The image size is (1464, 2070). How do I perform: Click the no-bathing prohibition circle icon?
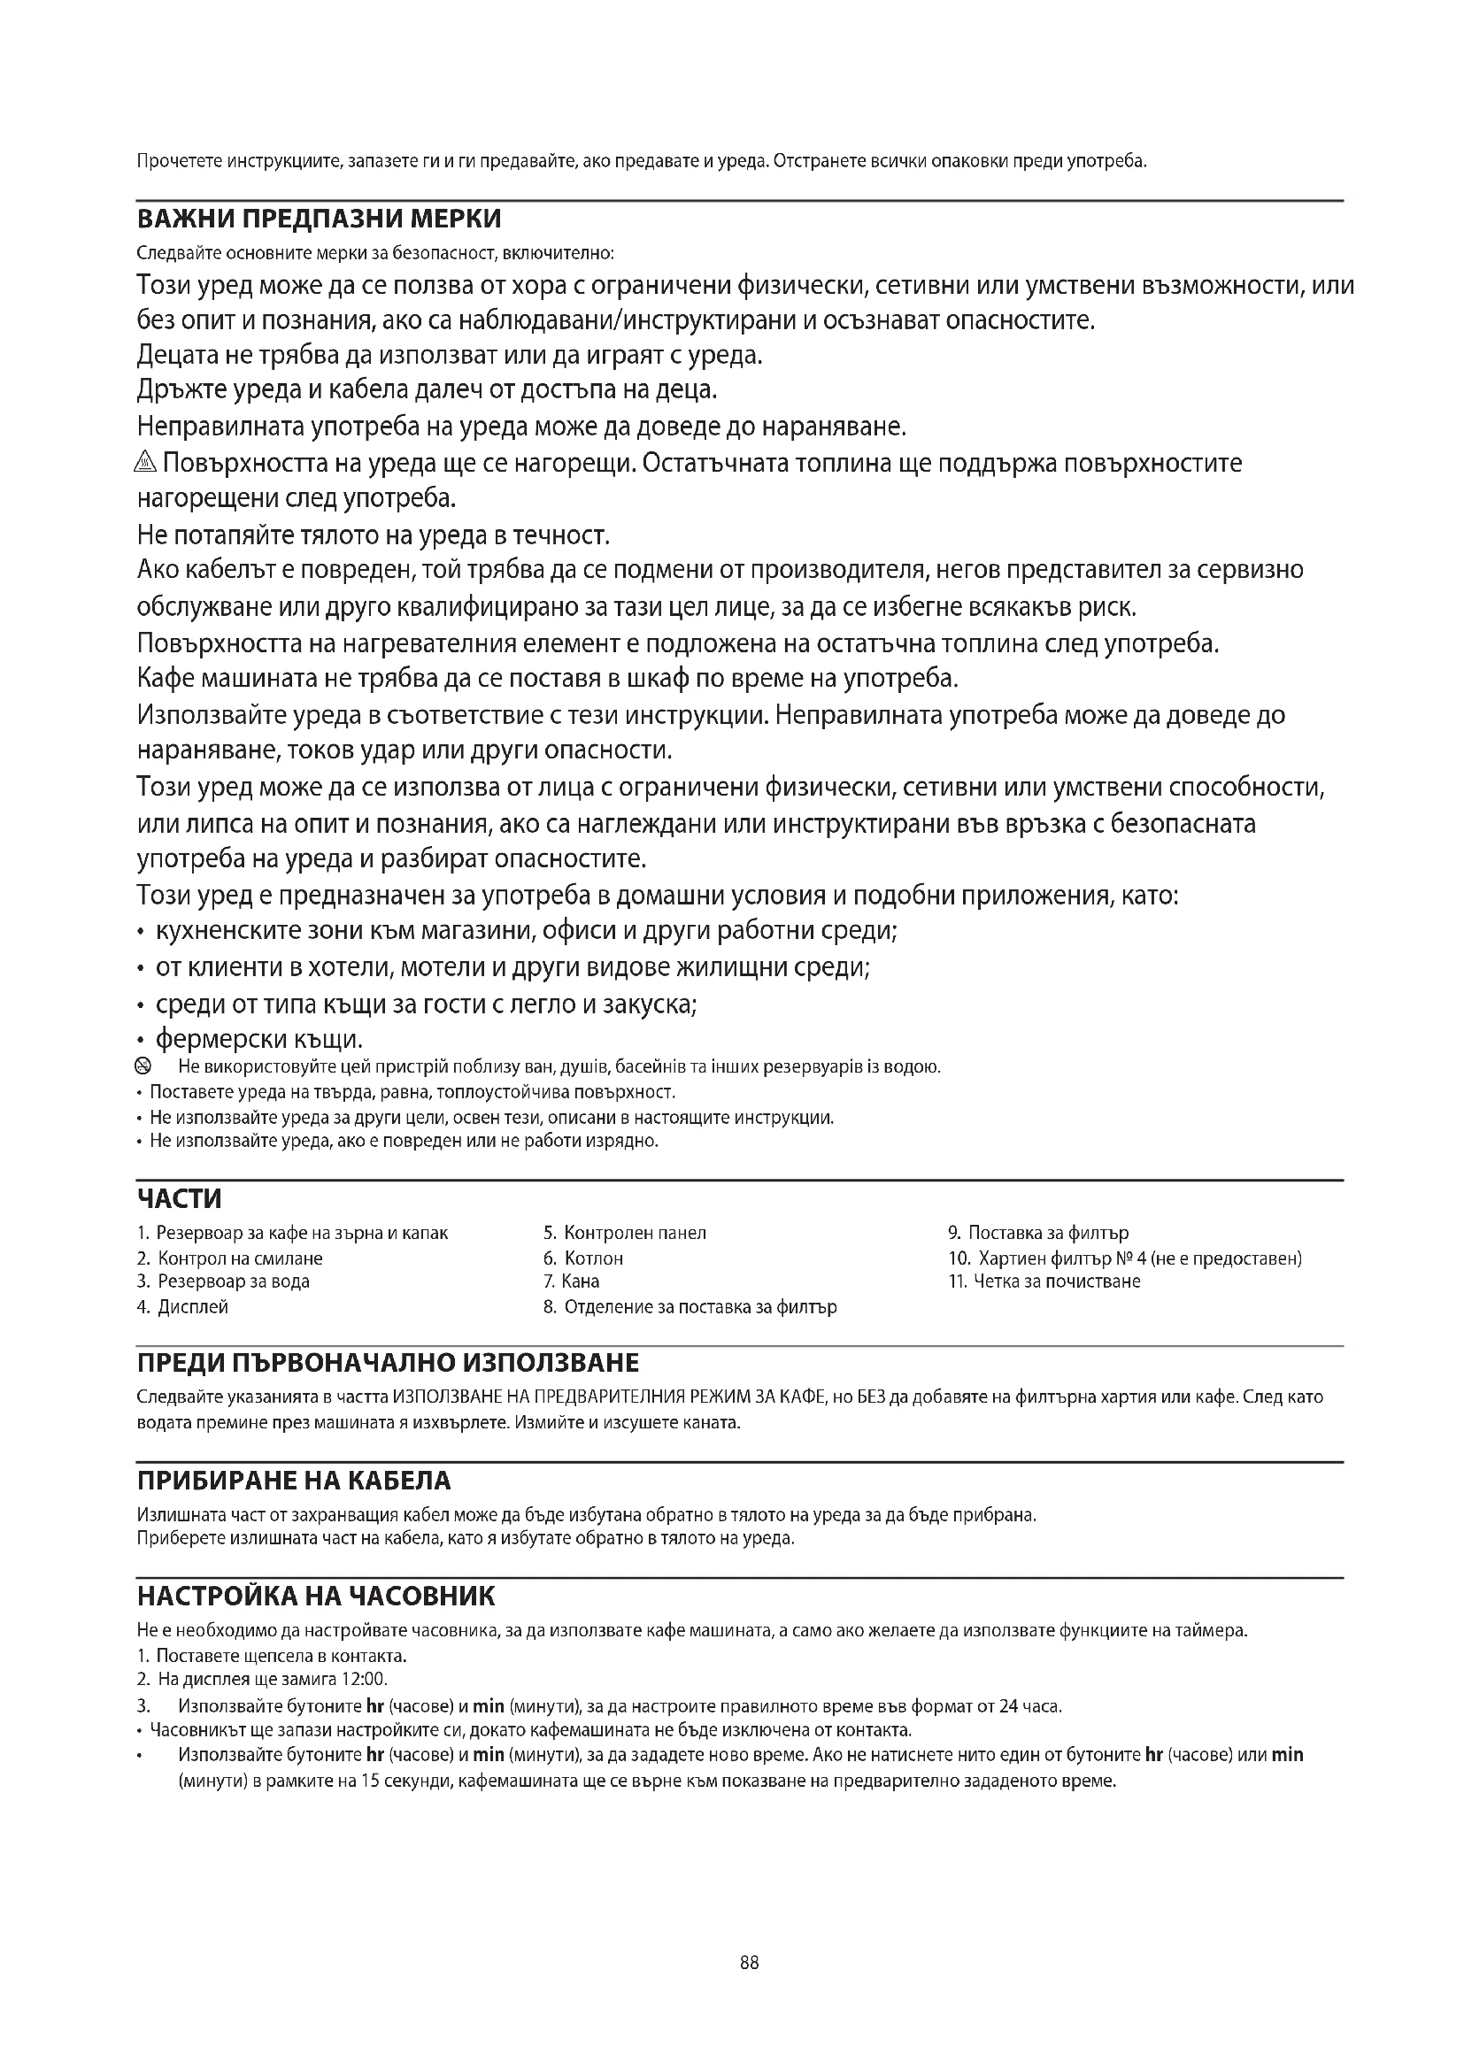coord(143,1067)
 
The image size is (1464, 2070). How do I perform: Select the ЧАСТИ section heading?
coord(180,1199)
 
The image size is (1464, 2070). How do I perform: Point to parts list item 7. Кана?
coord(572,1281)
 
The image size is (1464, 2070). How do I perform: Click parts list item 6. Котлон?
coord(583,1258)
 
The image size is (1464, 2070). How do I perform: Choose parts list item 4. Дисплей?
coord(183,1306)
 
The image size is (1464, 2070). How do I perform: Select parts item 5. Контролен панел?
coord(625,1233)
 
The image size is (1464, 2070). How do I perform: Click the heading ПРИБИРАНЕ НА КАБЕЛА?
coord(294,1481)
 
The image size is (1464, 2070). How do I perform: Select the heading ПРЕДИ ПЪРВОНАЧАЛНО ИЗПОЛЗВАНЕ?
coord(388,1362)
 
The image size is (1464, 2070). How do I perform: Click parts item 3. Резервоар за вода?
coord(224,1281)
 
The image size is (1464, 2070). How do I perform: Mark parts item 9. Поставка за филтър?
coord(1038,1233)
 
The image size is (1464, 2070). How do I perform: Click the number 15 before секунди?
coord(371,1781)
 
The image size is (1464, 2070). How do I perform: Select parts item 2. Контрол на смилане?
coord(230,1258)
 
